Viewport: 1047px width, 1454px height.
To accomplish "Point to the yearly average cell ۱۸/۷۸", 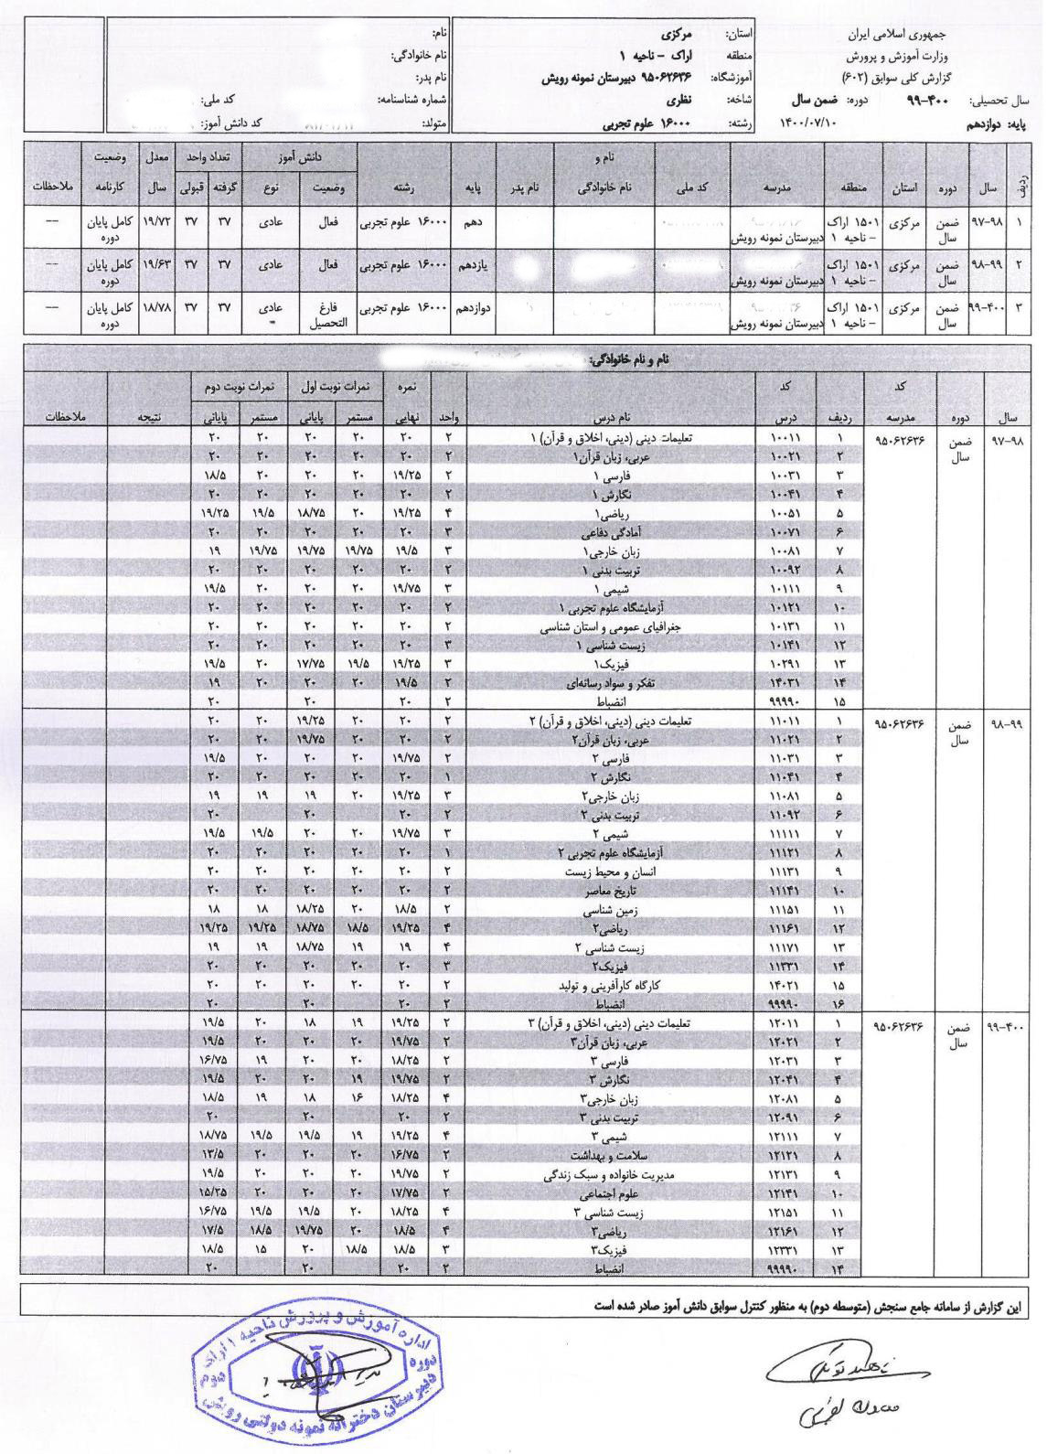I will click(x=155, y=312).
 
